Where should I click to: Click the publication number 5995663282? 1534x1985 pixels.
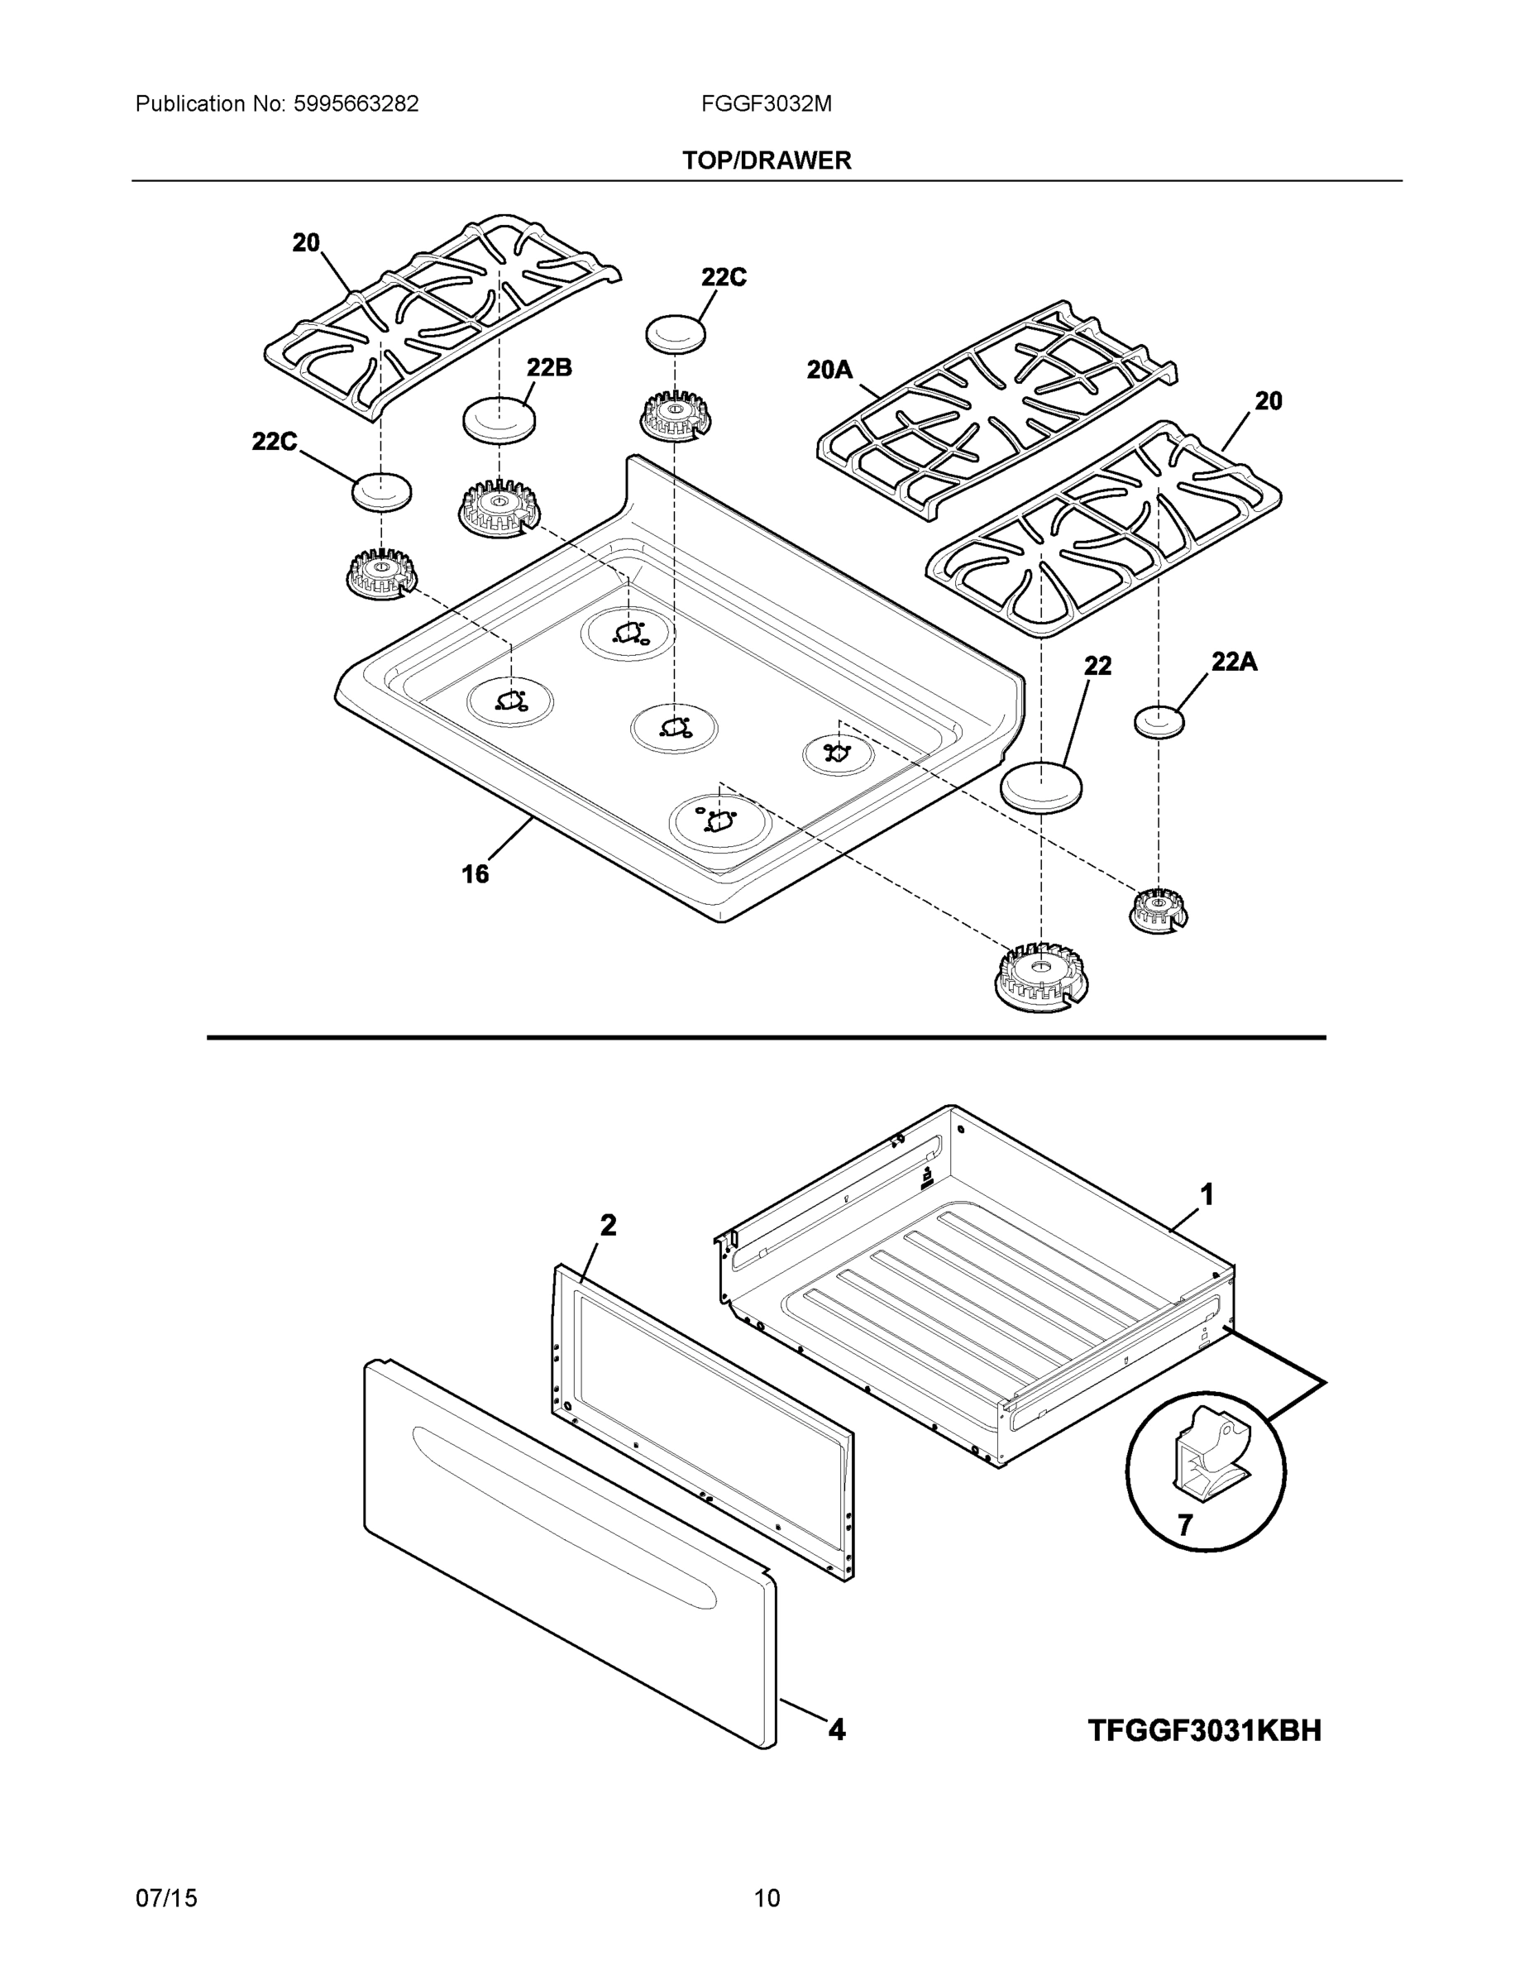click(356, 104)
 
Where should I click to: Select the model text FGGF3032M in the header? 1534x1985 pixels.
click(765, 104)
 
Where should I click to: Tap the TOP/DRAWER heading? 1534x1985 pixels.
click(766, 161)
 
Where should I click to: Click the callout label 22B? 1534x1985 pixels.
click(549, 368)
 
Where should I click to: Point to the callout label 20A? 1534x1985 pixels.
click(829, 370)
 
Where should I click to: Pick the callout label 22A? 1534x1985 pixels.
click(1233, 662)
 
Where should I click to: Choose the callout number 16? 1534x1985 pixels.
click(475, 874)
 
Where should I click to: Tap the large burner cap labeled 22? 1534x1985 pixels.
click(1040, 787)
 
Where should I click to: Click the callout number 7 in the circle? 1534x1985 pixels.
click(1185, 1525)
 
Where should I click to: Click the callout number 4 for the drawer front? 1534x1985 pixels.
click(836, 1729)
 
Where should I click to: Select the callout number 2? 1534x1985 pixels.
click(608, 1225)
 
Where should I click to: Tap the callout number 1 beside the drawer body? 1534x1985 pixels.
click(1207, 1194)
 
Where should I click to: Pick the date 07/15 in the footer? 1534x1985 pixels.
click(166, 1898)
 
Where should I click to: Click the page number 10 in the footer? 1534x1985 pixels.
click(766, 1898)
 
